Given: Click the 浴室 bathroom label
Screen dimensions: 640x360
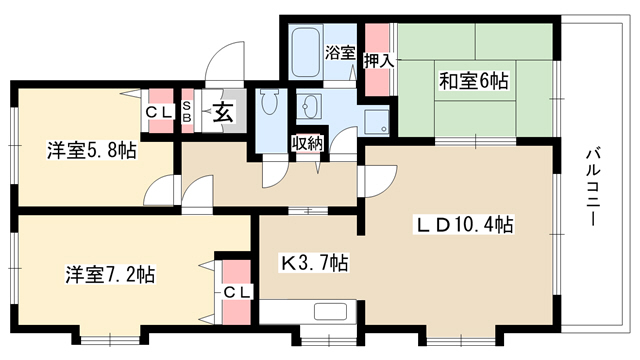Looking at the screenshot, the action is pos(340,54).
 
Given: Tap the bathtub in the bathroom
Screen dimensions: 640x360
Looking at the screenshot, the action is pos(305,52).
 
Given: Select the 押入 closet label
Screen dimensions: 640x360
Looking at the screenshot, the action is pos(379,61).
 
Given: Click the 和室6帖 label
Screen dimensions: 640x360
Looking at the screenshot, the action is pos(473,81).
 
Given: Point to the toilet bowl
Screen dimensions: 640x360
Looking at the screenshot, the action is pos(269,102).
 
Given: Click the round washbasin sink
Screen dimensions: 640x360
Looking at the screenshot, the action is pos(309,106).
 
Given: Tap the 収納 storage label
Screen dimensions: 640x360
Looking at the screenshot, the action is pos(307,143).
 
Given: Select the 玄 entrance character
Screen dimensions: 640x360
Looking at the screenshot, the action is pos(223,113).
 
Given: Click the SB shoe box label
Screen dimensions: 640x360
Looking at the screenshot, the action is pos(186,111).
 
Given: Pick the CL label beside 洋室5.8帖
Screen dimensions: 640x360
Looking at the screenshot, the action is pos(159,113).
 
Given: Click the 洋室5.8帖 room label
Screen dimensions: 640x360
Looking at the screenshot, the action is pos(91,150).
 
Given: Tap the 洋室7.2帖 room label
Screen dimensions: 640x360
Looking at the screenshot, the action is pos(110,274).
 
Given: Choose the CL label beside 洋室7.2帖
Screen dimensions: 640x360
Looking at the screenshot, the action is pos(236,292).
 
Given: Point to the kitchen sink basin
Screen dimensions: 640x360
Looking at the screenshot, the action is pos(330,312).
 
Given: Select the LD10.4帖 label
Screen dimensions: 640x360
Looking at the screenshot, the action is pos(464,224).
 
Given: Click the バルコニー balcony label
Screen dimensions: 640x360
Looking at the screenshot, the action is pos(593,187).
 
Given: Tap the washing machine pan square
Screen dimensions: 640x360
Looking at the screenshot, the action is pos(376,122).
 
